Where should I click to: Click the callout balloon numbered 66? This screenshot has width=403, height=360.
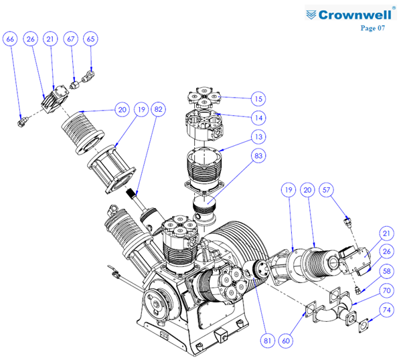coord(10,39)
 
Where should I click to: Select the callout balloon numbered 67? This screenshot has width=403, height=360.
coord(71,39)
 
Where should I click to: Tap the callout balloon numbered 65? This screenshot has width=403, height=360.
coord(91,39)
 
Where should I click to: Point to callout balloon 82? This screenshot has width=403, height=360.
coord(158,110)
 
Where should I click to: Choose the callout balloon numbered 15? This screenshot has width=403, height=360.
coord(258,98)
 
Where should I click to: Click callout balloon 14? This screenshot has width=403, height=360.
coord(258,118)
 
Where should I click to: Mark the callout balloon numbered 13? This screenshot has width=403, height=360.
coord(258,137)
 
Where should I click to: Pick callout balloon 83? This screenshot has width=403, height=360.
coord(258,156)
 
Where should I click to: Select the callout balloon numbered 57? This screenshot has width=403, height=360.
coord(326,190)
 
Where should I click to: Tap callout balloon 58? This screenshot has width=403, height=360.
coord(386,272)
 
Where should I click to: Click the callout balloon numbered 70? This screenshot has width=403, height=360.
coord(386,290)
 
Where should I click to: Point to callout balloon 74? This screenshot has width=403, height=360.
coord(386,310)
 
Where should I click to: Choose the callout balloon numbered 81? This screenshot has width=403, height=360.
coord(267,341)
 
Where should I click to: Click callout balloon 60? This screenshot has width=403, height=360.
coord(286,341)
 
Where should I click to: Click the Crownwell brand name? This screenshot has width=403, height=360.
coord(355,15)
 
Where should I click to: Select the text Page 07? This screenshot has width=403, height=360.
coord(373,27)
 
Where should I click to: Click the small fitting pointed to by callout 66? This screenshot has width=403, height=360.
coord(22,121)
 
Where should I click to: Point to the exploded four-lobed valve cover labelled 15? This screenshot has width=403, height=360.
coord(204,97)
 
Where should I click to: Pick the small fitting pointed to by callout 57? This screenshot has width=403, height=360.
coord(347,222)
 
